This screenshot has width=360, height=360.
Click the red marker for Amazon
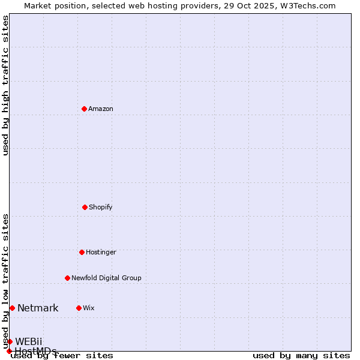pyautogui.click(x=84, y=109)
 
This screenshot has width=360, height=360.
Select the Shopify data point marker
pyautogui.click(x=85, y=207)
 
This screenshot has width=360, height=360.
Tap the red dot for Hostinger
pyautogui.click(x=82, y=252)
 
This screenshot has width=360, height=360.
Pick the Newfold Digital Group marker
pyautogui.click(x=67, y=278)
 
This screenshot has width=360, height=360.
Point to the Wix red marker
pyautogui.click(x=79, y=308)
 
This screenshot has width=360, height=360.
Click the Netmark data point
pyautogui.click(x=12, y=308)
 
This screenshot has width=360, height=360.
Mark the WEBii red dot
pyautogui.click(x=10, y=341)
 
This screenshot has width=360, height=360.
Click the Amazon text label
pyautogui.click(x=101, y=109)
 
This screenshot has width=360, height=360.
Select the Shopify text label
pyautogui.click(x=101, y=208)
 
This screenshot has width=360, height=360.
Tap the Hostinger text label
pyautogui.click(x=101, y=253)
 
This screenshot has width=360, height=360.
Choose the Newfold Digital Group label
pyautogui.click(x=106, y=278)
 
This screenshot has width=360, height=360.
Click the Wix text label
pyautogui.click(x=89, y=308)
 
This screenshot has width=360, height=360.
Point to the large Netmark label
pyautogui.click(x=38, y=308)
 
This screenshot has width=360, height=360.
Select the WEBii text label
pyautogui.click(x=29, y=342)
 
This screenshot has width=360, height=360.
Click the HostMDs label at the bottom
pyautogui.click(x=35, y=351)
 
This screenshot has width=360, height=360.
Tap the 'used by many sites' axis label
pyautogui.click(x=301, y=356)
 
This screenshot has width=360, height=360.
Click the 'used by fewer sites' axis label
pyautogui.click(x=62, y=356)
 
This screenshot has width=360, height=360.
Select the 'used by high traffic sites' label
pyautogui.click(x=5, y=85)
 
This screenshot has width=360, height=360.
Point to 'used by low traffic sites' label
pyautogui.click(x=5, y=281)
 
